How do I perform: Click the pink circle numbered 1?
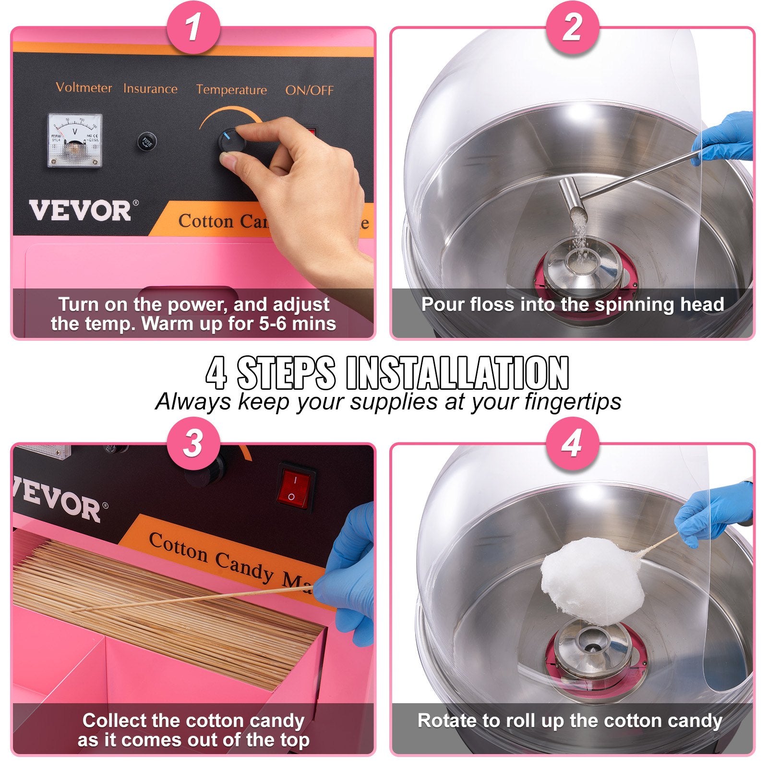click(193, 27)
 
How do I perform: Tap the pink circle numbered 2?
click(572, 27)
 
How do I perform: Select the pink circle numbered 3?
click(193, 443)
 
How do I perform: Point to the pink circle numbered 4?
click(572, 443)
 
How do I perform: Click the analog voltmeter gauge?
click(75, 140)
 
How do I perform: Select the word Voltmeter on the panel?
click(84, 87)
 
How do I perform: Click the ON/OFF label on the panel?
click(309, 90)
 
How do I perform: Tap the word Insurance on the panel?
click(150, 89)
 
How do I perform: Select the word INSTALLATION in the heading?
click(457, 373)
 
